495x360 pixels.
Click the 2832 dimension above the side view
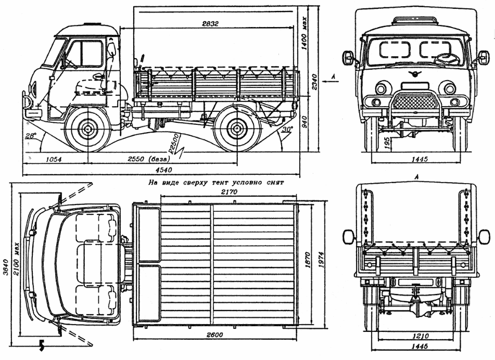pyautogui.click(x=211, y=23)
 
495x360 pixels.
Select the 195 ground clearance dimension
pyautogui.click(x=387, y=143)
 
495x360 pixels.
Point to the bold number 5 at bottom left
pyautogui.click(x=41, y=345)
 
